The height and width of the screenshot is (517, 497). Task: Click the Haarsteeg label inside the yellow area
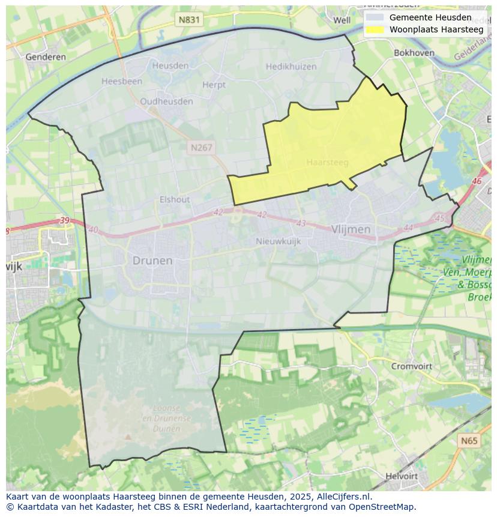327,162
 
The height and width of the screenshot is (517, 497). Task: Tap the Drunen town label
152,261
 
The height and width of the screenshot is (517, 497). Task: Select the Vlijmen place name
351,229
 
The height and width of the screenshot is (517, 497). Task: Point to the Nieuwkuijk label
278,241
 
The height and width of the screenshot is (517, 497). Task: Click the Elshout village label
175,199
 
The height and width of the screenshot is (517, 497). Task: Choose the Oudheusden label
166,101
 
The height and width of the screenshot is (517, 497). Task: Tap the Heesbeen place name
122,81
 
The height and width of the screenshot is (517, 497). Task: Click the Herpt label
214,85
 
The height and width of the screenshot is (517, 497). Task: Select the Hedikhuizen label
291,67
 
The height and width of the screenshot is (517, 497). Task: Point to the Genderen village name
46,57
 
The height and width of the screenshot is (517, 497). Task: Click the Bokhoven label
414,53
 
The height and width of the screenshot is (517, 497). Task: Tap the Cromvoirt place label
412,366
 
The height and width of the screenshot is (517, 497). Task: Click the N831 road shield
189,20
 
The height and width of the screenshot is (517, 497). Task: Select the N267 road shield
201,147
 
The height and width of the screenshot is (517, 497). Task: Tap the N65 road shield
469,441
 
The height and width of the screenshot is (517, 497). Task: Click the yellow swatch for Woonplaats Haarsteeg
375,29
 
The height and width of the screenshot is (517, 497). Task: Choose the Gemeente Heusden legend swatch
375,17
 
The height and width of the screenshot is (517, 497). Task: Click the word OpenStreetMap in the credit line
385,507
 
